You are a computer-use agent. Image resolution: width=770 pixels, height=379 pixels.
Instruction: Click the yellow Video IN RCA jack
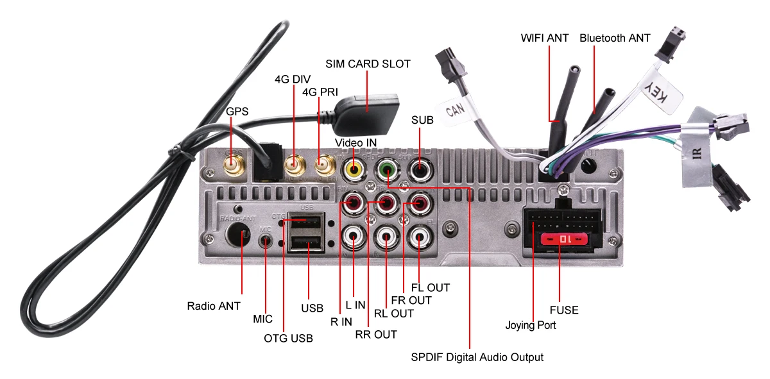pyautogui.click(x=354, y=169)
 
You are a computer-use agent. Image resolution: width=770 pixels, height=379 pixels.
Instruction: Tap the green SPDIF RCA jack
pyautogui.click(x=387, y=169)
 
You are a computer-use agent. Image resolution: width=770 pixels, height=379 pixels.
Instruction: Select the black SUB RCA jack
pyautogui.click(x=420, y=169)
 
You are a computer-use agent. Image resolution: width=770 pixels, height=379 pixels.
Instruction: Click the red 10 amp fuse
pyautogui.click(x=564, y=239)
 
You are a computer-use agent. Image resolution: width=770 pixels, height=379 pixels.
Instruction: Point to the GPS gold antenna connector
pyautogui.click(x=234, y=165)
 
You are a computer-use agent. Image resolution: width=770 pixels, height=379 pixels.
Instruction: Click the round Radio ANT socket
pyautogui.click(x=237, y=234)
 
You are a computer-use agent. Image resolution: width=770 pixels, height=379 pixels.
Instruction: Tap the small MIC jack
pyautogui.click(x=266, y=240)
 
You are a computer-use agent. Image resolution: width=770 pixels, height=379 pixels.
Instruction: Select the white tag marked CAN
pyautogui.click(x=456, y=110)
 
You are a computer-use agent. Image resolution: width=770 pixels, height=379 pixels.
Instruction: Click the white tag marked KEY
pyautogui.click(x=658, y=92)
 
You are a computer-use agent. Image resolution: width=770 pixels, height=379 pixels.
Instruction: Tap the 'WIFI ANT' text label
pyautogui.click(x=545, y=38)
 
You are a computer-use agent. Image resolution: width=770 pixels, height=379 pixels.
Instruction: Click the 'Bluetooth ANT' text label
pyautogui.click(x=615, y=38)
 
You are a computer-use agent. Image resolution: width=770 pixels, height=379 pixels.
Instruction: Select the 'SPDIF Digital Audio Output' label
pyautogui.click(x=477, y=357)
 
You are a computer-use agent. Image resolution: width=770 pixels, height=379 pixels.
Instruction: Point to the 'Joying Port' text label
pyautogui.click(x=531, y=325)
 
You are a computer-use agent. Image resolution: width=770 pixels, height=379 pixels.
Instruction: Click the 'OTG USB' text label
pyautogui.click(x=288, y=339)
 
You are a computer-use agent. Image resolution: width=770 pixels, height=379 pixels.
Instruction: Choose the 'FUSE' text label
pyautogui.click(x=564, y=310)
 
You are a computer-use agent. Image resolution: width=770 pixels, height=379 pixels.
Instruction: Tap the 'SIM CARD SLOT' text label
pyautogui.click(x=368, y=64)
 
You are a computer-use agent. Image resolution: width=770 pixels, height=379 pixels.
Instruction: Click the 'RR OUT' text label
pyautogui.click(x=376, y=334)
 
